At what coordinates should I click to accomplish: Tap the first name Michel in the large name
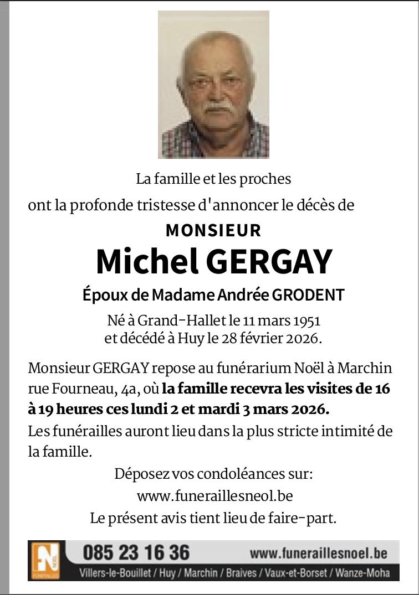click(x=147, y=262)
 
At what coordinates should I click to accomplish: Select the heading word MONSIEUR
click(x=213, y=230)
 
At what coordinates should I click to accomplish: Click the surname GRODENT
click(x=308, y=295)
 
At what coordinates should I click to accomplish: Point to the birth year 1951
click(x=306, y=320)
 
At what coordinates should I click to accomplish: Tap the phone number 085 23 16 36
click(x=136, y=552)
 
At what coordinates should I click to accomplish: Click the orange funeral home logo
click(x=45, y=560)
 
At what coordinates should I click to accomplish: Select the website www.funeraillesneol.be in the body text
click(x=214, y=496)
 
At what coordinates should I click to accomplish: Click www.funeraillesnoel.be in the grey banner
click(x=318, y=553)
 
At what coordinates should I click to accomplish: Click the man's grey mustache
click(x=214, y=107)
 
